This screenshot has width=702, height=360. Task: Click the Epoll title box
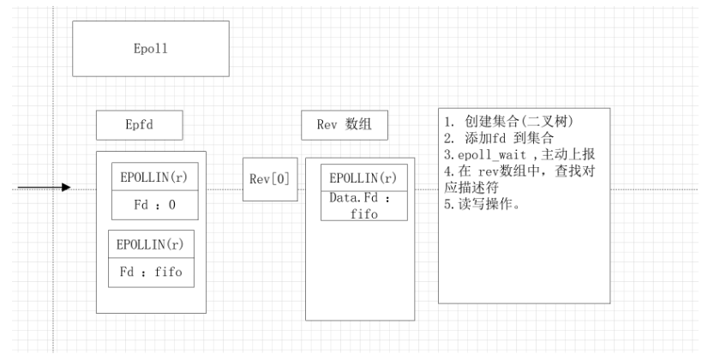pyautogui.click(x=151, y=49)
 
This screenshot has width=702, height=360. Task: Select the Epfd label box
pyautogui.click(x=138, y=126)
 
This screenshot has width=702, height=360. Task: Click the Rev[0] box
pyautogui.click(x=268, y=179)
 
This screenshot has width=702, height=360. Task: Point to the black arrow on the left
pyautogui.click(x=44, y=187)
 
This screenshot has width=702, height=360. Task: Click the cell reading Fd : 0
pyautogui.click(x=154, y=205)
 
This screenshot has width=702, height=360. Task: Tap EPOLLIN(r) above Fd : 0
pyautogui.click(x=154, y=177)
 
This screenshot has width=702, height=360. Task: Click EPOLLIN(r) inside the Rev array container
pyautogui.click(x=363, y=178)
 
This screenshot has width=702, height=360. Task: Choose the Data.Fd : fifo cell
pyautogui.click(x=363, y=205)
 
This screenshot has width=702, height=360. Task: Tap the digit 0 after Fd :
pyautogui.click(x=172, y=205)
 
